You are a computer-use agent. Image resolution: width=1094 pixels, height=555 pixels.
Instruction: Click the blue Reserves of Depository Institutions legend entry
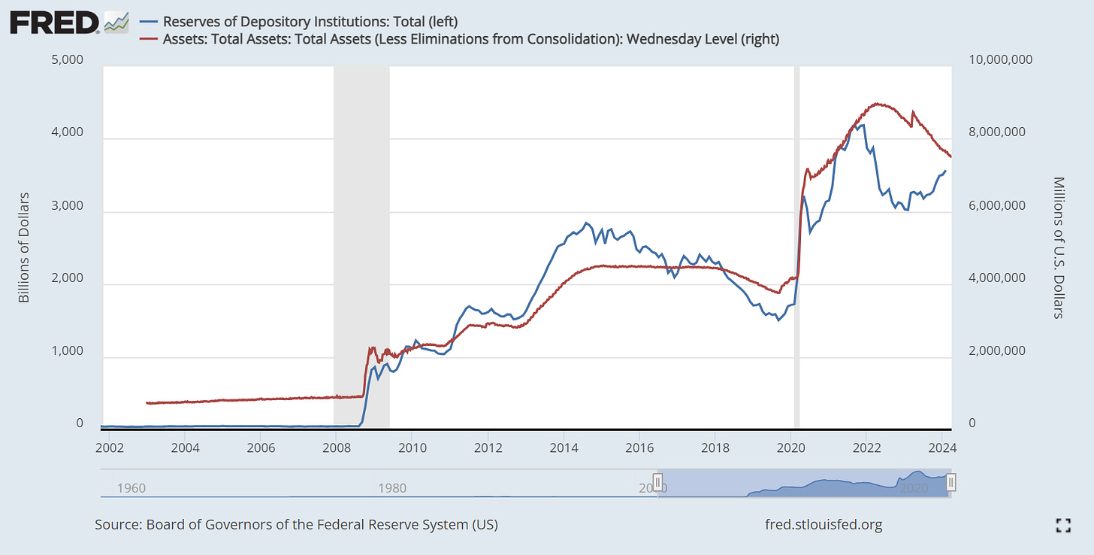tap(310, 21)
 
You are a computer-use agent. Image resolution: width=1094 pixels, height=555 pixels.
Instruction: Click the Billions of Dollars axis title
tap(23, 247)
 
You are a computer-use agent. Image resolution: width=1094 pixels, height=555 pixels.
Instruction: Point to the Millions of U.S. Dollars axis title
tap(1059, 247)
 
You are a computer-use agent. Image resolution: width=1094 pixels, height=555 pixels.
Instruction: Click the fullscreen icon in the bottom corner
tap(1062, 525)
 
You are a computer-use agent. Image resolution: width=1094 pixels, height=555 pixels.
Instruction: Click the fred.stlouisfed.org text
tap(822, 524)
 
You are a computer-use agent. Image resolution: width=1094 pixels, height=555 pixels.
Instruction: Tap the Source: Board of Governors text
tap(296, 524)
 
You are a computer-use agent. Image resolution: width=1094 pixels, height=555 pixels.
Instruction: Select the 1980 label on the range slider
tap(392, 488)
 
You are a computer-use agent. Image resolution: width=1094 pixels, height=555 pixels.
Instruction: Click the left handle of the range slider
tap(657, 482)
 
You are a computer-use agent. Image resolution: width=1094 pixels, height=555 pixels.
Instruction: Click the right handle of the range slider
tap(950, 482)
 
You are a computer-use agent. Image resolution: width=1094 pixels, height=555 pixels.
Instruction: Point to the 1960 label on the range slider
tap(131, 488)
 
